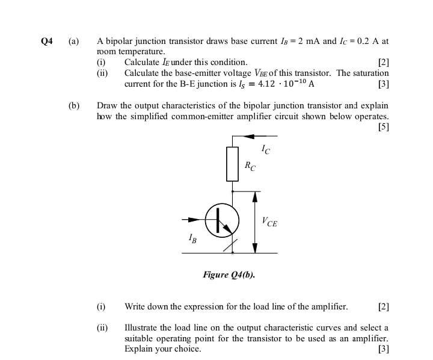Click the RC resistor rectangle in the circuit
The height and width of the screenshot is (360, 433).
pyautogui.click(x=233, y=163)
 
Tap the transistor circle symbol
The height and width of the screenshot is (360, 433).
pyautogui.click(x=223, y=221)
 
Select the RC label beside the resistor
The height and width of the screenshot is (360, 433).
pyautogui.click(x=249, y=166)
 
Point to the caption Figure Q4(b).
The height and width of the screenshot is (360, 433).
pyautogui.click(x=229, y=275)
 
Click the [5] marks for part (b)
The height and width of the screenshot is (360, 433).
pyautogui.click(x=383, y=127)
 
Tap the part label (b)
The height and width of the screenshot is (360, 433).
pyautogui.click(x=73, y=105)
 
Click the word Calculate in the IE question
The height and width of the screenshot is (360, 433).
pyautogui.click(x=142, y=62)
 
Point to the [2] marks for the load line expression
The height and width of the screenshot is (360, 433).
pyautogui.click(x=383, y=306)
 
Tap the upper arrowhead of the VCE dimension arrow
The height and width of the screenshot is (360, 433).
pyautogui.click(x=255, y=196)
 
